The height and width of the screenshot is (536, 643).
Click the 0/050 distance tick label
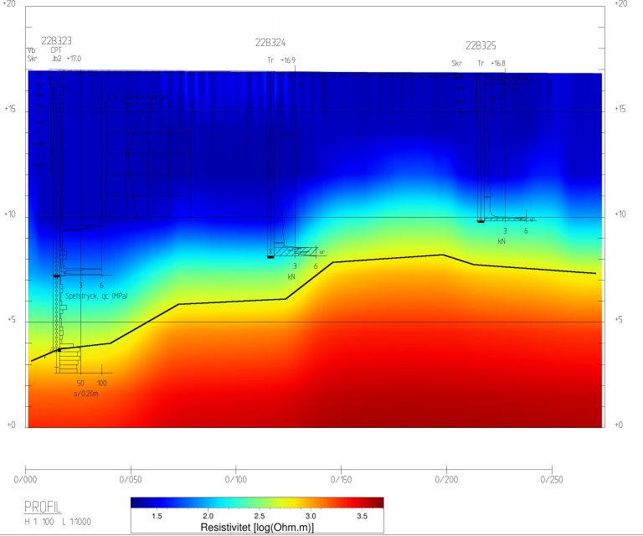tap(131, 481)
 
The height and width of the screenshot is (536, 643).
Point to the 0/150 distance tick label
tap(342, 481)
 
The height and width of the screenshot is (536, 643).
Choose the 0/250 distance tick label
tap(552, 481)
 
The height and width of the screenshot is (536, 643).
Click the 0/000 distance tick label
tap(26, 481)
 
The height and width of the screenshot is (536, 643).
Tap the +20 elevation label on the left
tap(11, 4)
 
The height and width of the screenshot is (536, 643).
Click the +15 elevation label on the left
tap(11, 110)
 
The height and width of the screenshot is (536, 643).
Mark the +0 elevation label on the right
tap(620, 425)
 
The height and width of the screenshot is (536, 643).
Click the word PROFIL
tap(43, 507)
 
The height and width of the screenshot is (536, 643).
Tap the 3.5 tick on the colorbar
tap(362, 518)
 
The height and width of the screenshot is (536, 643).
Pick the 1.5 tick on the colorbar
tap(156, 518)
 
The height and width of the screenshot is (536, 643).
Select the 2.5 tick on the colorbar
tap(259, 518)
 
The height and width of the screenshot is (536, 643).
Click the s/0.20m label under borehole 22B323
tap(86, 394)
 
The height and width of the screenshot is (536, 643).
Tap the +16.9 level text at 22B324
tap(288, 60)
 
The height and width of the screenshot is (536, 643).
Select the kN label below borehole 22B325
tap(502, 241)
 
